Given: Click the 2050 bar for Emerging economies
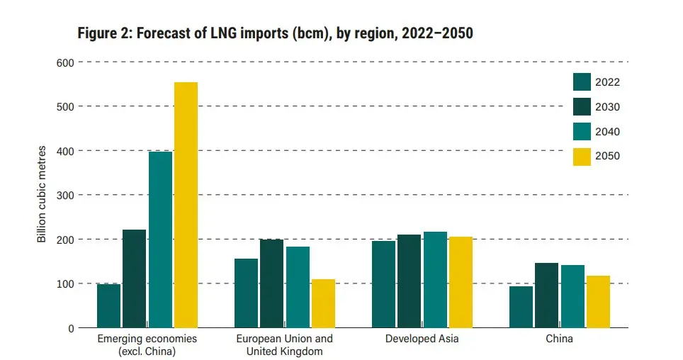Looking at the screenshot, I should (x=186, y=205).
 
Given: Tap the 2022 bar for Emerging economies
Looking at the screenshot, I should (x=108, y=305).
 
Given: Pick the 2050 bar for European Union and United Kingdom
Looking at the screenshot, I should (x=323, y=303).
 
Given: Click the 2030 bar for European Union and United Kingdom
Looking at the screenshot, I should (x=271, y=283).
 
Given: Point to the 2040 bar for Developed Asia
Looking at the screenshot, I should (x=435, y=279).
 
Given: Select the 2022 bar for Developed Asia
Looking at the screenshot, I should (x=383, y=284).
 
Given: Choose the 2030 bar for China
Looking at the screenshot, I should (x=546, y=295).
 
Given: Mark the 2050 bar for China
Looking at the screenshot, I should (x=598, y=301).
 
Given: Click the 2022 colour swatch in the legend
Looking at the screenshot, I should (x=582, y=82).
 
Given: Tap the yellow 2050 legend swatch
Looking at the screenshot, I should (x=582, y=156).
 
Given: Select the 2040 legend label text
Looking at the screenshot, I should (x=607, y=132).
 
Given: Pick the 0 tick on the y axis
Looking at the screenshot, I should (x=69, y=328).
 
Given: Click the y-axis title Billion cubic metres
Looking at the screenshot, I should (x=41, y=195).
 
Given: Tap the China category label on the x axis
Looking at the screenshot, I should (x=559, y=339).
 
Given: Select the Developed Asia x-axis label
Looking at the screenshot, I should (x=422, y=339).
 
